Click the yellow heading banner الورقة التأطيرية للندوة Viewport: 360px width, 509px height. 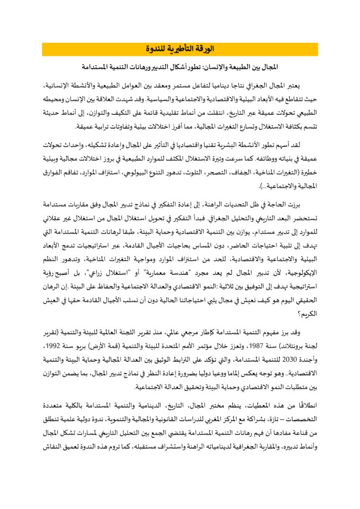[180, 49]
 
